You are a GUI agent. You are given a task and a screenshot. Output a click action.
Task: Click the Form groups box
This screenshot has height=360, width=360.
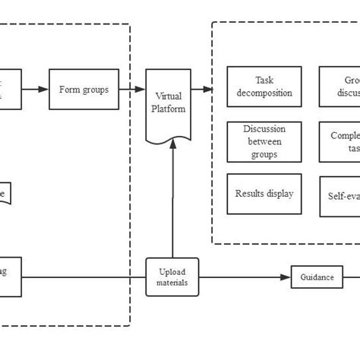coord(84,90)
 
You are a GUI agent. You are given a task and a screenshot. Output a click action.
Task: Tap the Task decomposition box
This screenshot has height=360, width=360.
coord(264,86)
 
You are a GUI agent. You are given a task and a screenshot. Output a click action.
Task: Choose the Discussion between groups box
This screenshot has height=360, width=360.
coord(264,142)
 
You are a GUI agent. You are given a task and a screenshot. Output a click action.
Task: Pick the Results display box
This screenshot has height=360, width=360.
coord(264,193)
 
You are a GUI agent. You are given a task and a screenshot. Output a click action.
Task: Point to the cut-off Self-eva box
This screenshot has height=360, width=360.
coord(339,195)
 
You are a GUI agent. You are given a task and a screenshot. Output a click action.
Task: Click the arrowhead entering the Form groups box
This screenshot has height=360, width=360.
coord(44,90)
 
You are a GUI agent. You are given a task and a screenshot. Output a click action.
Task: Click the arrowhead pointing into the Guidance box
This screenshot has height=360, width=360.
coord(288,277)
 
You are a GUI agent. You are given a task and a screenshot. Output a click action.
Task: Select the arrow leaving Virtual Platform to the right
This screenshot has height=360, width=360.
coord(202,90)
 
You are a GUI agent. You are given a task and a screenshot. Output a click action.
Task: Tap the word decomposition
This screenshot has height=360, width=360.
coord(264,93)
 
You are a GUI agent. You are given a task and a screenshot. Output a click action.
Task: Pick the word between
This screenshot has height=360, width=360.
coord(264,142)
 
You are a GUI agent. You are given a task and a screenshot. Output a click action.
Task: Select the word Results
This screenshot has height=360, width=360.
coord(250,193)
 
